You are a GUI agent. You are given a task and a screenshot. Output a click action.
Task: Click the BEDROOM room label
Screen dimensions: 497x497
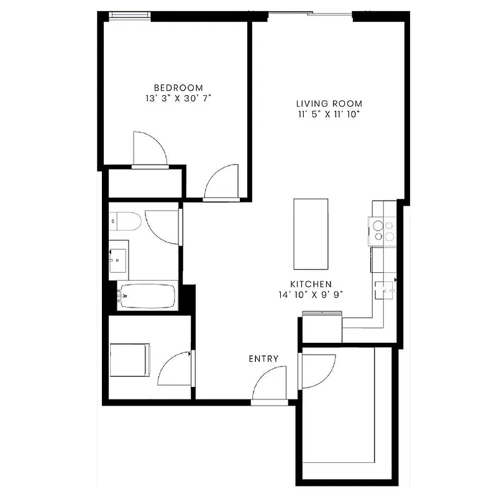(178, 88)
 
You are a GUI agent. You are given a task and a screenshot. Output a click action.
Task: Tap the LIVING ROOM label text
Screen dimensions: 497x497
(329, 103)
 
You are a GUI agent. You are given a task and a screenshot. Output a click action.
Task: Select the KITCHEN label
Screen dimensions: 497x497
(314, 283)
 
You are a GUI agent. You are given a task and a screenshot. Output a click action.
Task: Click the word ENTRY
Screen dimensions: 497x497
(263, 358)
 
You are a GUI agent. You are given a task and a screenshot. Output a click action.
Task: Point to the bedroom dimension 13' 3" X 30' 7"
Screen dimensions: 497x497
(178, 98)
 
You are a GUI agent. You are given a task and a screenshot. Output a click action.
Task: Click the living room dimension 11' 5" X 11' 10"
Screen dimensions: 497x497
(329, 114)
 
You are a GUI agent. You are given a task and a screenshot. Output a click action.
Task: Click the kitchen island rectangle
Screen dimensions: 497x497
(311, 232)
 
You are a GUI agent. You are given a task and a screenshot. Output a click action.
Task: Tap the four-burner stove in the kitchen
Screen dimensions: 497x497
(382, 231)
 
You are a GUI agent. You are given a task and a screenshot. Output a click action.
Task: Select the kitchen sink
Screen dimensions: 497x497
(385, 290)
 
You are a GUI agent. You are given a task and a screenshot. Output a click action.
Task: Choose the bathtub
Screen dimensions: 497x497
(148, 296)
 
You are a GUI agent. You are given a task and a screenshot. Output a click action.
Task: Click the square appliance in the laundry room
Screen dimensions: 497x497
(130, 360)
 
